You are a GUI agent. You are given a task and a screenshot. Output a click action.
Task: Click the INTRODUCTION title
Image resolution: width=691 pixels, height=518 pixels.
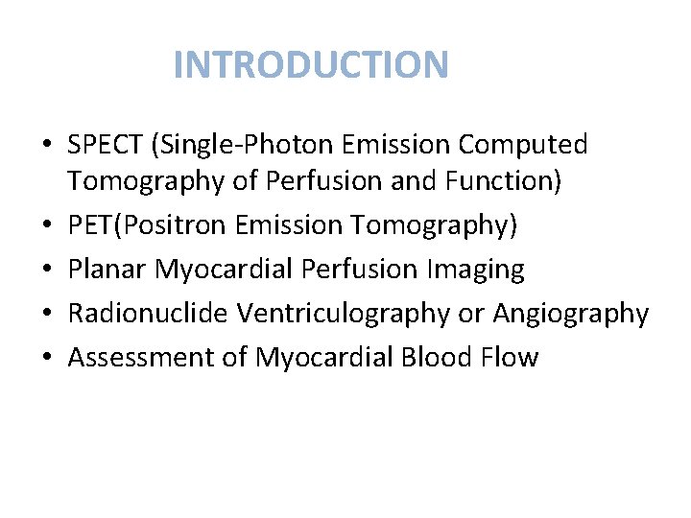[x=311, y=65]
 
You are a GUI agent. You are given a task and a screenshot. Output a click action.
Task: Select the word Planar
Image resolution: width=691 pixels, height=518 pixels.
[x=107, y=270]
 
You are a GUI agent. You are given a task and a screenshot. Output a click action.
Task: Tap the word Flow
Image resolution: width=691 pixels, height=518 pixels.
[x=513, y=358]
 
